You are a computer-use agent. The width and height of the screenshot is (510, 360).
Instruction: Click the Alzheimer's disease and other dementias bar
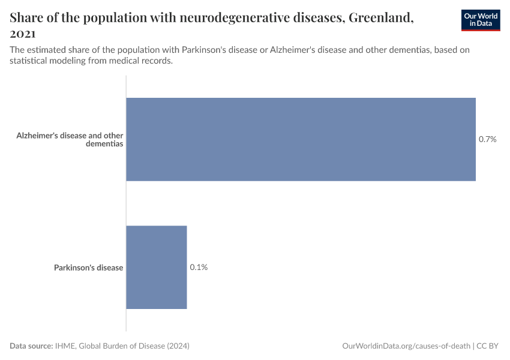301,139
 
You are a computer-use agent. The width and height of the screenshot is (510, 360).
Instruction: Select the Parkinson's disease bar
157,267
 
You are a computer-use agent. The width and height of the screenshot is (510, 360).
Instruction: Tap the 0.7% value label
487,139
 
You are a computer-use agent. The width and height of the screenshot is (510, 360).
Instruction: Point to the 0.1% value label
199,267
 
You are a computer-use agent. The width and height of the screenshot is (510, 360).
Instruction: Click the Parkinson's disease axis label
88,268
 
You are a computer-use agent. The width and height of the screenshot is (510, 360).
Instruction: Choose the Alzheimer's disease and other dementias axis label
70,140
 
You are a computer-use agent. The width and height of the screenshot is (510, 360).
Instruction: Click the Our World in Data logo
481,20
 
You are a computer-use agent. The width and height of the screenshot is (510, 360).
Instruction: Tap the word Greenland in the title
379,17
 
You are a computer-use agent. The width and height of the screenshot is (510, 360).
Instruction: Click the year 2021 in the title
22,34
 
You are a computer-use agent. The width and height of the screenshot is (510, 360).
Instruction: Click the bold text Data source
31,346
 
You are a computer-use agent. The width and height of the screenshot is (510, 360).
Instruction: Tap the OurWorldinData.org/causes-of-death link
406,346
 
